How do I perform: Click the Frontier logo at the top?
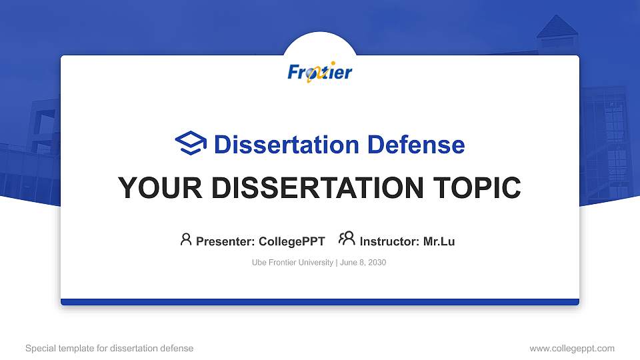tap(320, 72)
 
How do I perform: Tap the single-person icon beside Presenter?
tap(186, 239)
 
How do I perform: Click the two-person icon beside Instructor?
tap(347, 239)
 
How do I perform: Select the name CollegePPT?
tap(291, 241)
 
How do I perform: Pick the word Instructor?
tap(389, 241)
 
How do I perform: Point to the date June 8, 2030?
tap(363, 263)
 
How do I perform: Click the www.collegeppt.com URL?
tap(571, 348)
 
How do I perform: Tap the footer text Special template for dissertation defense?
tap(109, 348)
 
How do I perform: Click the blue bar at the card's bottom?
tap(320, 302)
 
